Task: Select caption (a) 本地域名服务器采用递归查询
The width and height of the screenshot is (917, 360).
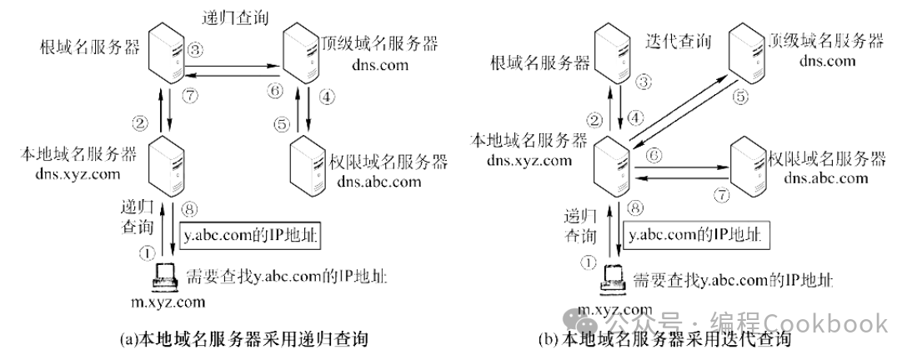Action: [247, 339]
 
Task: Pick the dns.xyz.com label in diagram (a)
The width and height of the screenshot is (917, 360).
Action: [73, 174]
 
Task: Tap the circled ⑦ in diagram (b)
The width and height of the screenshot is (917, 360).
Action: [723, 195]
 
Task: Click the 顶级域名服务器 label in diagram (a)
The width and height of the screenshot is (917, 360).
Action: [379, 42]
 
